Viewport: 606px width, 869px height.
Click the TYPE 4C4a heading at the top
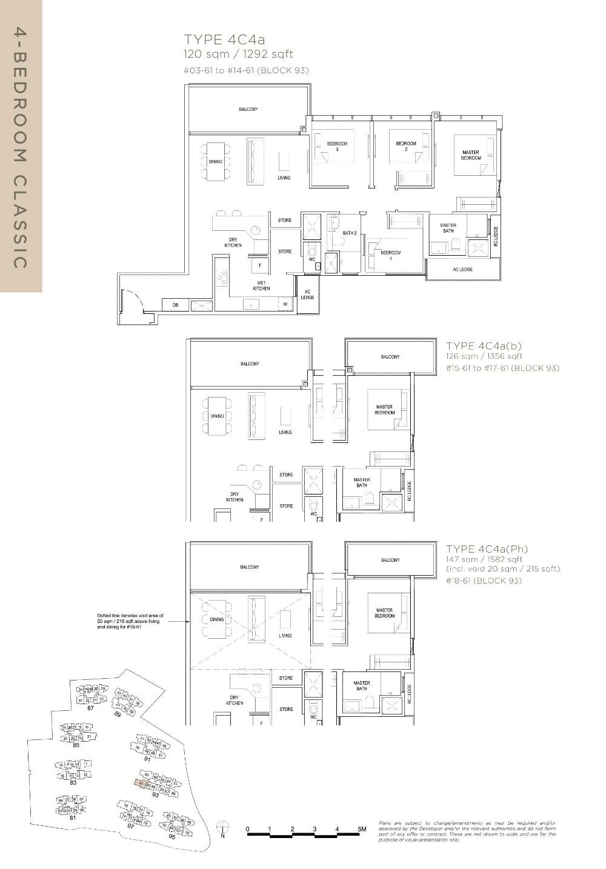224,40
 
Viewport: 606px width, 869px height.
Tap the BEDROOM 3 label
337,146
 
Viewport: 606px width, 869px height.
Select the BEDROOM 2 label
405,146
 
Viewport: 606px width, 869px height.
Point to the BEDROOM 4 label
390,255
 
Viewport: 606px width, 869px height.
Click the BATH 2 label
349,233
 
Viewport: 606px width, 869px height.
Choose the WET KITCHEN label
261,285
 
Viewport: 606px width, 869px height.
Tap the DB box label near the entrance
175,305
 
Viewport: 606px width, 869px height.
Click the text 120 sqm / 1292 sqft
238,55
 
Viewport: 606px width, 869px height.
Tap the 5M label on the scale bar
362,829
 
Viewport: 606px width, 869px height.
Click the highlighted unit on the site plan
141,784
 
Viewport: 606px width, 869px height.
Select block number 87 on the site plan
90,708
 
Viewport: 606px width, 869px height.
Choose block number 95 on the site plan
171,836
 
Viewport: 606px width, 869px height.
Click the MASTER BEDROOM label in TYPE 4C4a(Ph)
384,613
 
